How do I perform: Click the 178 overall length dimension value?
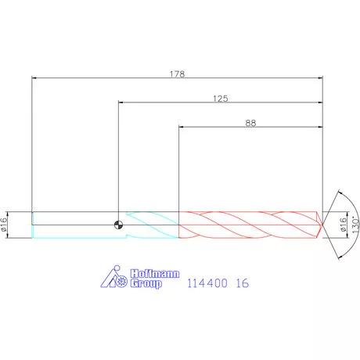pyautogui.click(x=177, y=74)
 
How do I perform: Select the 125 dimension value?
pyautogui.click(x=221, y=99)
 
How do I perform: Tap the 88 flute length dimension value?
pyautogui.click(x=250, y=123)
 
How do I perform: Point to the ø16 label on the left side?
pyautogui.click(x=4, y=225)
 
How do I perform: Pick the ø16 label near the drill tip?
pyautogui.click(x=344, y=225)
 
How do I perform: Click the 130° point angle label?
pyautogui.click(x=355, y=225)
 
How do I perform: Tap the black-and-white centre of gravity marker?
pyautogui.click(x=119, y=225)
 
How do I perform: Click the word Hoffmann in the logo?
pyautogui.click(x=155, y=274)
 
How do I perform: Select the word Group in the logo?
pyautogui.click(x=146, y=283)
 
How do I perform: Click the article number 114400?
pyautogui.click(x=207, y=283)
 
